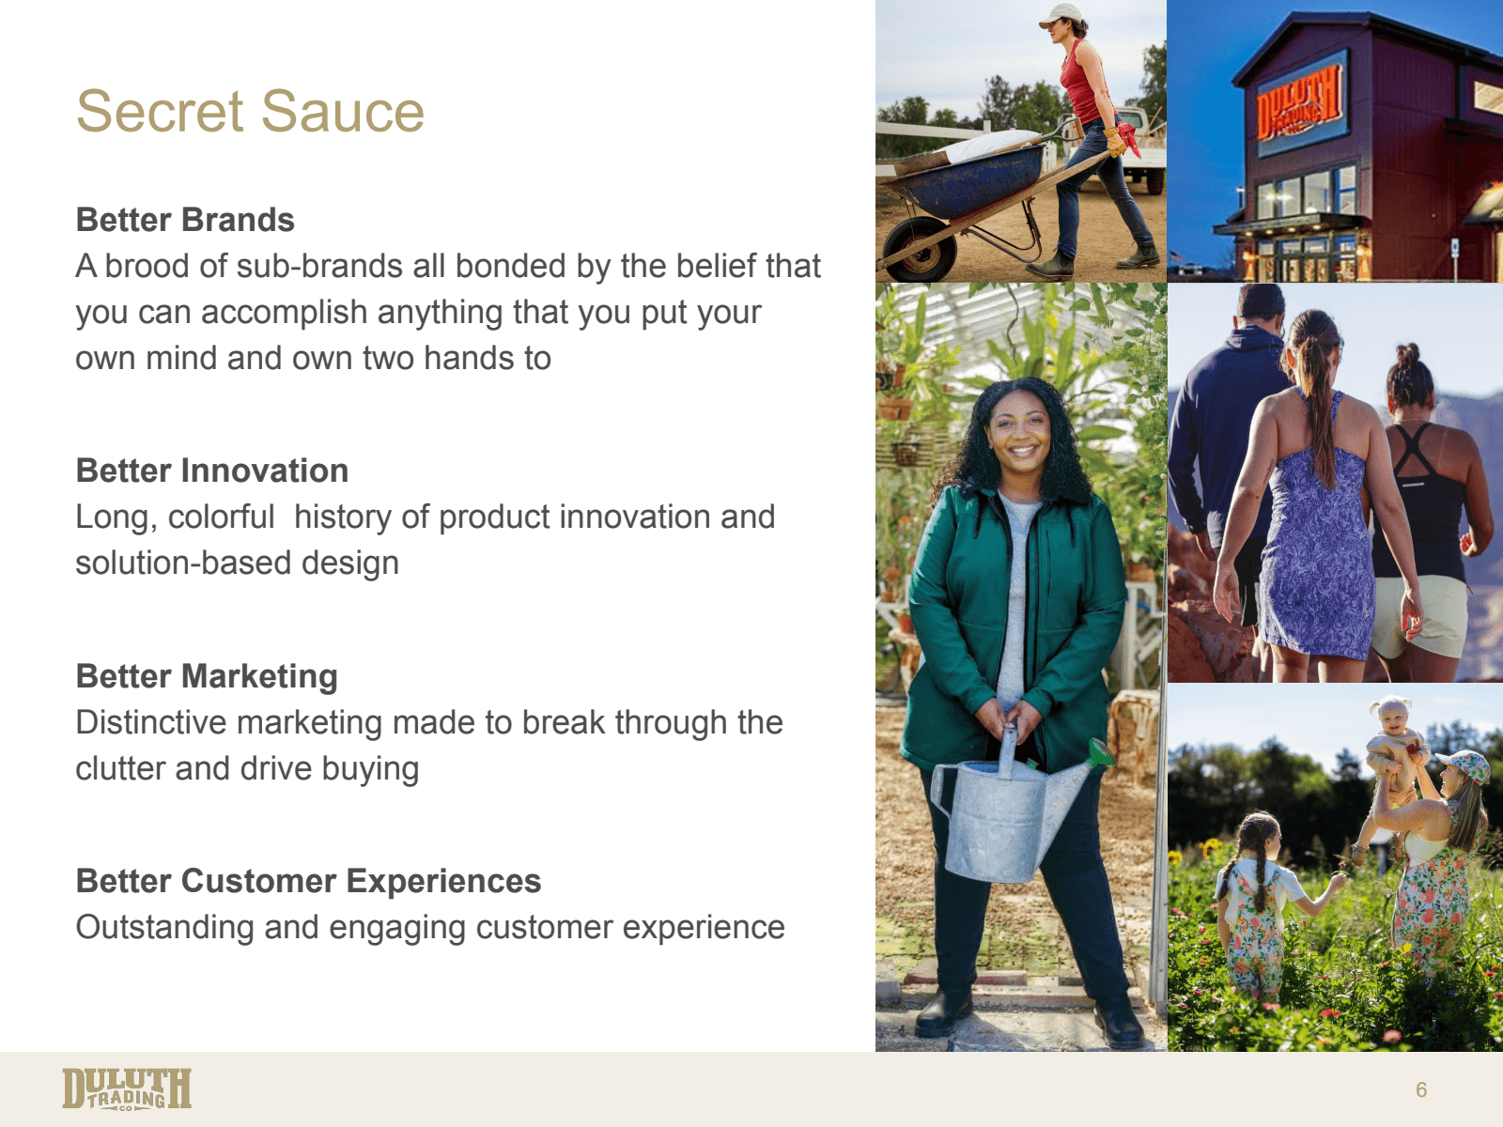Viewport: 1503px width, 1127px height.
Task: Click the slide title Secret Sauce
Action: pos(250,111)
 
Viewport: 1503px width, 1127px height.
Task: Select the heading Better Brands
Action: pos(185,220)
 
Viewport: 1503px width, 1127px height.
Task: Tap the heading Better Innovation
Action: pos(212,471)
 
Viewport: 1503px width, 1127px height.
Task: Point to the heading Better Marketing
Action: pos(207,677)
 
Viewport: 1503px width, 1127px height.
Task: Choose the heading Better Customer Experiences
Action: pos(309,881)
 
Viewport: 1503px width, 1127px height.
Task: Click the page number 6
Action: pos(1421,1089)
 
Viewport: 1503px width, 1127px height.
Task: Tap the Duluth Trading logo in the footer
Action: pos(127,1088)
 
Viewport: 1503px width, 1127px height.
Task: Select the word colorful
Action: pos(221,517)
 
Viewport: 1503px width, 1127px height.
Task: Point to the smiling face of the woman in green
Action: pos(1018,432)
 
